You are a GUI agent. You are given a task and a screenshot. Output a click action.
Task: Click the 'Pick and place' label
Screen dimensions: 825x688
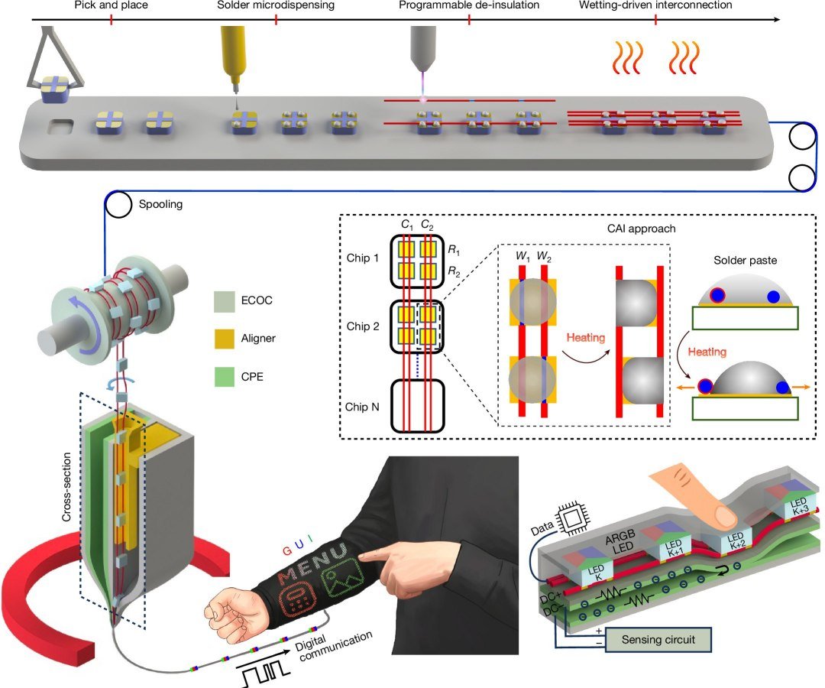click(111, 5)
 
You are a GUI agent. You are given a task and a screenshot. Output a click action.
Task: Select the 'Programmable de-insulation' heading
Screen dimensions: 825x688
click(469, 5)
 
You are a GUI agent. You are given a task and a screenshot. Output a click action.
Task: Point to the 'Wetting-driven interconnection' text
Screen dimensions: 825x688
click(655, 5)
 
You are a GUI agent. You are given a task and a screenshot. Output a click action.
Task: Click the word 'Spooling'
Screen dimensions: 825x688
click(160, 204)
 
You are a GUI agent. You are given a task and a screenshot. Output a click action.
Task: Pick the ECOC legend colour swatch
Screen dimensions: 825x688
click(224, 301)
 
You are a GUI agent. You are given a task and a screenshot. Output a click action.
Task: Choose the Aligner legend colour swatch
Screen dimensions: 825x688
click(224, 339)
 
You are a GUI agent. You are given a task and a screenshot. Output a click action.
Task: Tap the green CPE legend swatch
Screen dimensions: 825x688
click(224, 376)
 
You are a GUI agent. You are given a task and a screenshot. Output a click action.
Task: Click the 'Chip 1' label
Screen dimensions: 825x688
click(363, 258)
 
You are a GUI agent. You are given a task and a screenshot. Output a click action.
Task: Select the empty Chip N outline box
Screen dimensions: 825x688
click(417, 406)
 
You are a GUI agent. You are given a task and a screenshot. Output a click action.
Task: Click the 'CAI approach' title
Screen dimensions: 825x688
click(641, 229)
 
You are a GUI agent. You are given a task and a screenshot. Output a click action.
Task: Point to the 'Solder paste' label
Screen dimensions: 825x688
click(745, 260)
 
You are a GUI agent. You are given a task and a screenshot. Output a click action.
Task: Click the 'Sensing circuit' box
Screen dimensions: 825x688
click(658, 640)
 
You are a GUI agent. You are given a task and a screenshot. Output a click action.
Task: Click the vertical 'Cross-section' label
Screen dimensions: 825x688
click(66, 487)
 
